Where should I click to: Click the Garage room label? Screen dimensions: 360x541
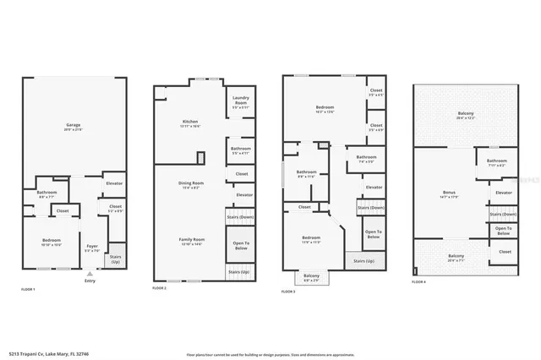tap(74, 126)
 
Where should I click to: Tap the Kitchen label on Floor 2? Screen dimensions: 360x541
tap(191, 123)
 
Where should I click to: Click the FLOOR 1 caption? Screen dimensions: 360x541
tap(30, 289)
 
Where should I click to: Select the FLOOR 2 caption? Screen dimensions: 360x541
tap(159, 289)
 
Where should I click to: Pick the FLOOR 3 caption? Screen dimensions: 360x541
tap(289, 292)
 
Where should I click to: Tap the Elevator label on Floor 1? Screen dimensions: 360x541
tap(113, 183)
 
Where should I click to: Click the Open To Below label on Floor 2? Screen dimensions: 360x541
tap(240, 246)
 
